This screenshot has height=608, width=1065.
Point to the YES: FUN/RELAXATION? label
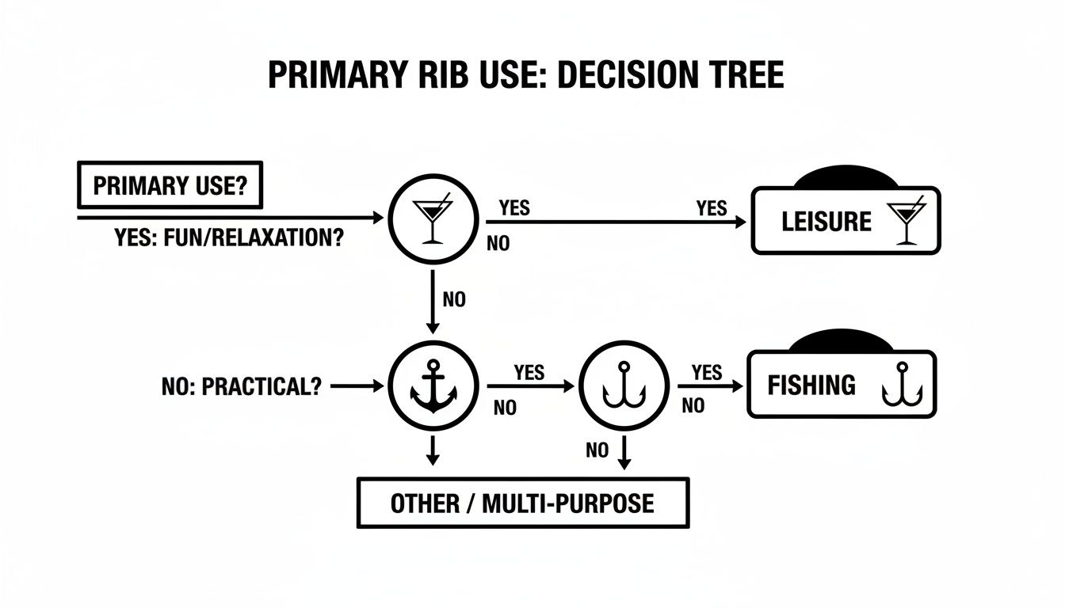(x=229, y=238)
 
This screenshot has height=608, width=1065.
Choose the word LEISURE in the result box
(x=826, y=222)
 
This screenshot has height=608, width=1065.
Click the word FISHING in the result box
(x=811, y=386)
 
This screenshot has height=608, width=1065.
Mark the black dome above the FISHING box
(x=842, y=342)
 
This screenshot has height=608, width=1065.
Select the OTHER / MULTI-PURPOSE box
(x=523, y=503)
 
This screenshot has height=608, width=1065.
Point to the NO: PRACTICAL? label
(x=241, y=386)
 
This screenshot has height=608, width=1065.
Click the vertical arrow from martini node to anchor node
(x=432, y=300)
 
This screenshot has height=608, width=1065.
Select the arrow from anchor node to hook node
(x=529, y=386)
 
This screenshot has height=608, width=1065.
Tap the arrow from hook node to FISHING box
(x=710, y=386)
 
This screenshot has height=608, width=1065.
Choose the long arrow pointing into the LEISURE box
(x=618, y=222)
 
